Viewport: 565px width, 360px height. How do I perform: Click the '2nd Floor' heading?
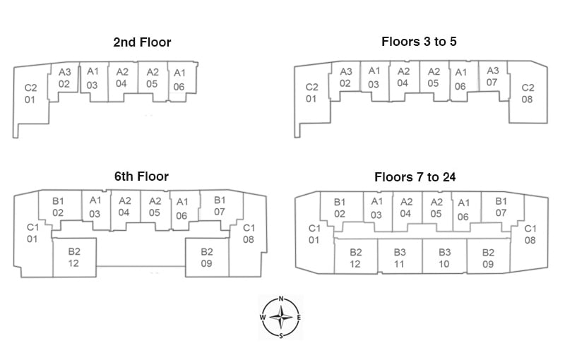pyautogui.click(x=142, y=42)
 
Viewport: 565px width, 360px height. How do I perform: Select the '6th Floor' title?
pyautogui.click(x=142, y=176)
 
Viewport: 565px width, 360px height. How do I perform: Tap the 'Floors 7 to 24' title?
pyautogui.click(x=419, y=176)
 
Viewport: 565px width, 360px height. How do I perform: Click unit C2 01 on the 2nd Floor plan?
pyautogui.click(x=31, y=94)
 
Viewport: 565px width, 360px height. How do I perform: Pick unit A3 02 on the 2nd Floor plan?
pyautogui.click(x=64, y=78)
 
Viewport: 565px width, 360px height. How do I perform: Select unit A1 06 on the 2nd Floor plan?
pyautogui.click(x=179, y=80)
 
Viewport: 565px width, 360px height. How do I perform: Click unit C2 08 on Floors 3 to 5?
pyautogui.click(x=528, y=94)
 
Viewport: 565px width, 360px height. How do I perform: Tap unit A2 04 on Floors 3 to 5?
pyautogui.click(x=403, y=77)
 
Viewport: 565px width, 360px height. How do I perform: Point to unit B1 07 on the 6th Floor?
pyautogui.click(x=219, y=206)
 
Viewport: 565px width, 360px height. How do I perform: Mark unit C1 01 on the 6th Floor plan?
pyautogui.click(x=32, y=234)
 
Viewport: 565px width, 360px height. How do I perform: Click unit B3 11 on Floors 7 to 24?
pyautogui.click(x=400, y=258)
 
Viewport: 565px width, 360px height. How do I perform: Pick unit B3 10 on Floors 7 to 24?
pyautogui.click(x=444, y=258)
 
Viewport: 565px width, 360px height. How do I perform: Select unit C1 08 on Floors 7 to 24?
pyautogui.click(x=530, y=234)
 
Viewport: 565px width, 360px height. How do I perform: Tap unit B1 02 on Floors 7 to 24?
pyautogui.click(x=340, y=208)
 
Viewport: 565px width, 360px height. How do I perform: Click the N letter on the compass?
pyautogui.click(x=282, y=299)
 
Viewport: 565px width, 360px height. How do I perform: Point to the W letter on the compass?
pyautogui.click(x=263, y=318)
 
